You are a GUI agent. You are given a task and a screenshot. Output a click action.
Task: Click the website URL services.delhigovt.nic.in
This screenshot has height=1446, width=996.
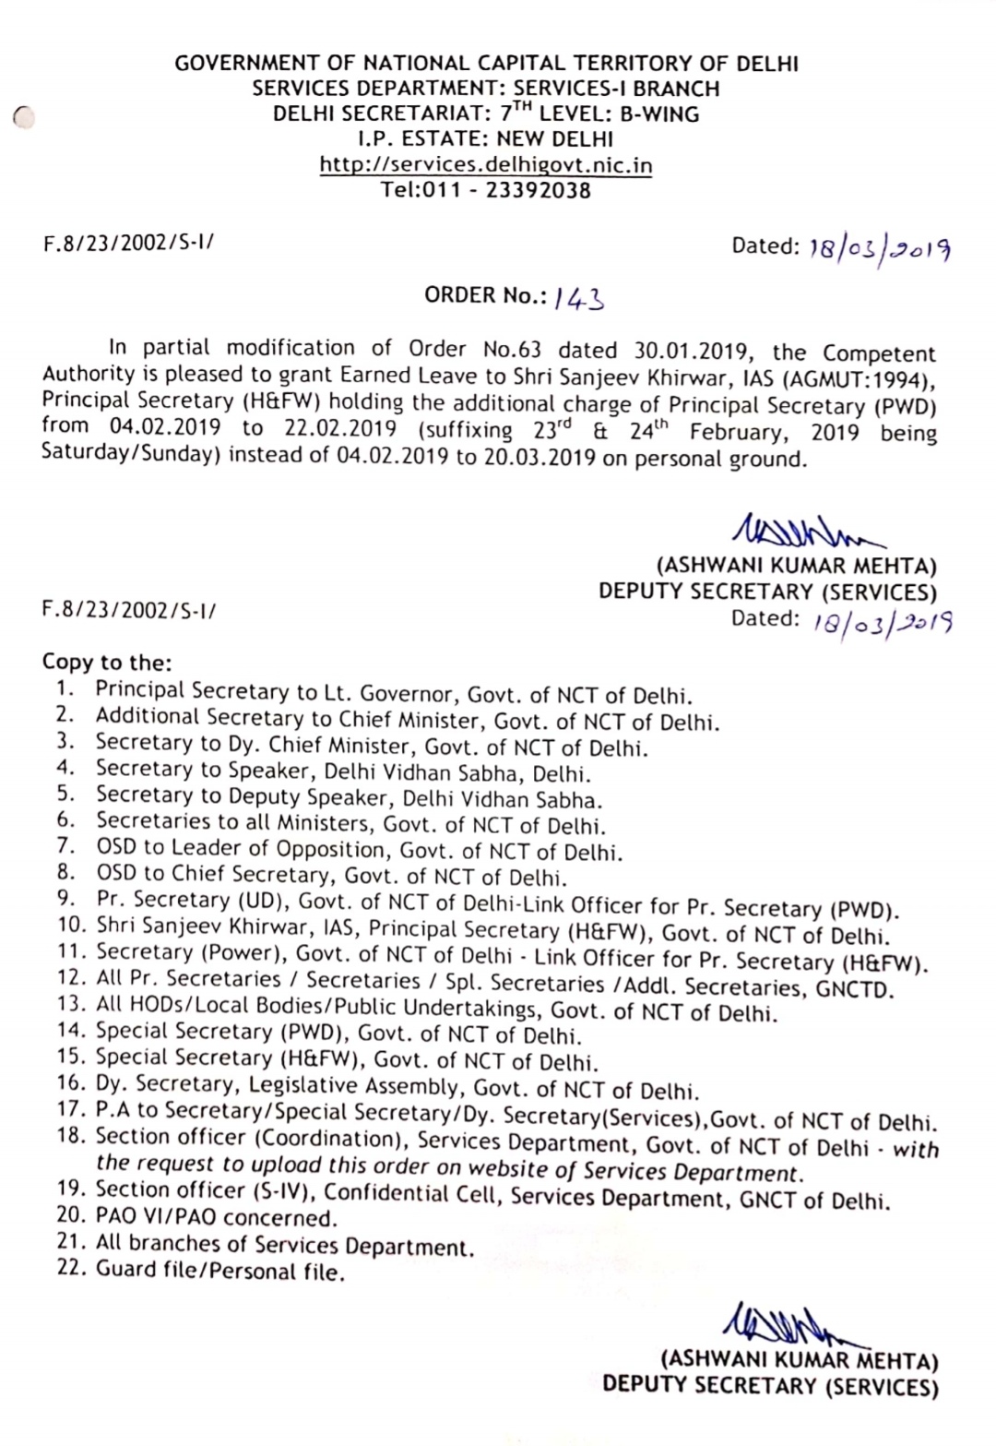[x=486, y=165]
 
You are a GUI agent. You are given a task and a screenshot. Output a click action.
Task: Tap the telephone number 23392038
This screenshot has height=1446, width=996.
[x=538, y=191]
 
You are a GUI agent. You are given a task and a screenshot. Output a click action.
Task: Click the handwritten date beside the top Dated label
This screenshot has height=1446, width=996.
[x=879, y=249]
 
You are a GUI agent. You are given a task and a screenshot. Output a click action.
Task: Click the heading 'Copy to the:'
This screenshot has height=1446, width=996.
[x=107, y=663]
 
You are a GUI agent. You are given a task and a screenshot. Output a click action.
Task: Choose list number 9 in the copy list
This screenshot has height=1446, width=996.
[x=65, y=898]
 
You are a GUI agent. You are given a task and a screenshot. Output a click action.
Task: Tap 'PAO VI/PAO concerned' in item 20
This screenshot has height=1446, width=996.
[x=216, y=1218]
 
